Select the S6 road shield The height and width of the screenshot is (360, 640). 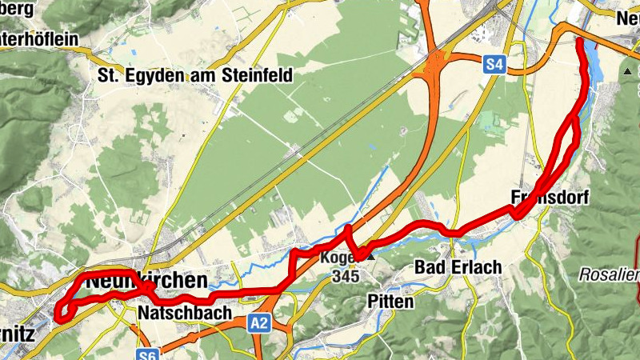click(146, 354)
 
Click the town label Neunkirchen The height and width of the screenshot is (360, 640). click(146, 282)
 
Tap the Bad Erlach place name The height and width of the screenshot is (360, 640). click(458, 267)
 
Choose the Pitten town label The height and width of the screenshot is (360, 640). click(390, 302)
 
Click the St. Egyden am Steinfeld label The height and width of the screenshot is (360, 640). click(194, 76)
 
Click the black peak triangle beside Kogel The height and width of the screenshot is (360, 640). click(370, 258)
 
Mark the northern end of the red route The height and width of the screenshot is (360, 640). click(578, 40)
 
